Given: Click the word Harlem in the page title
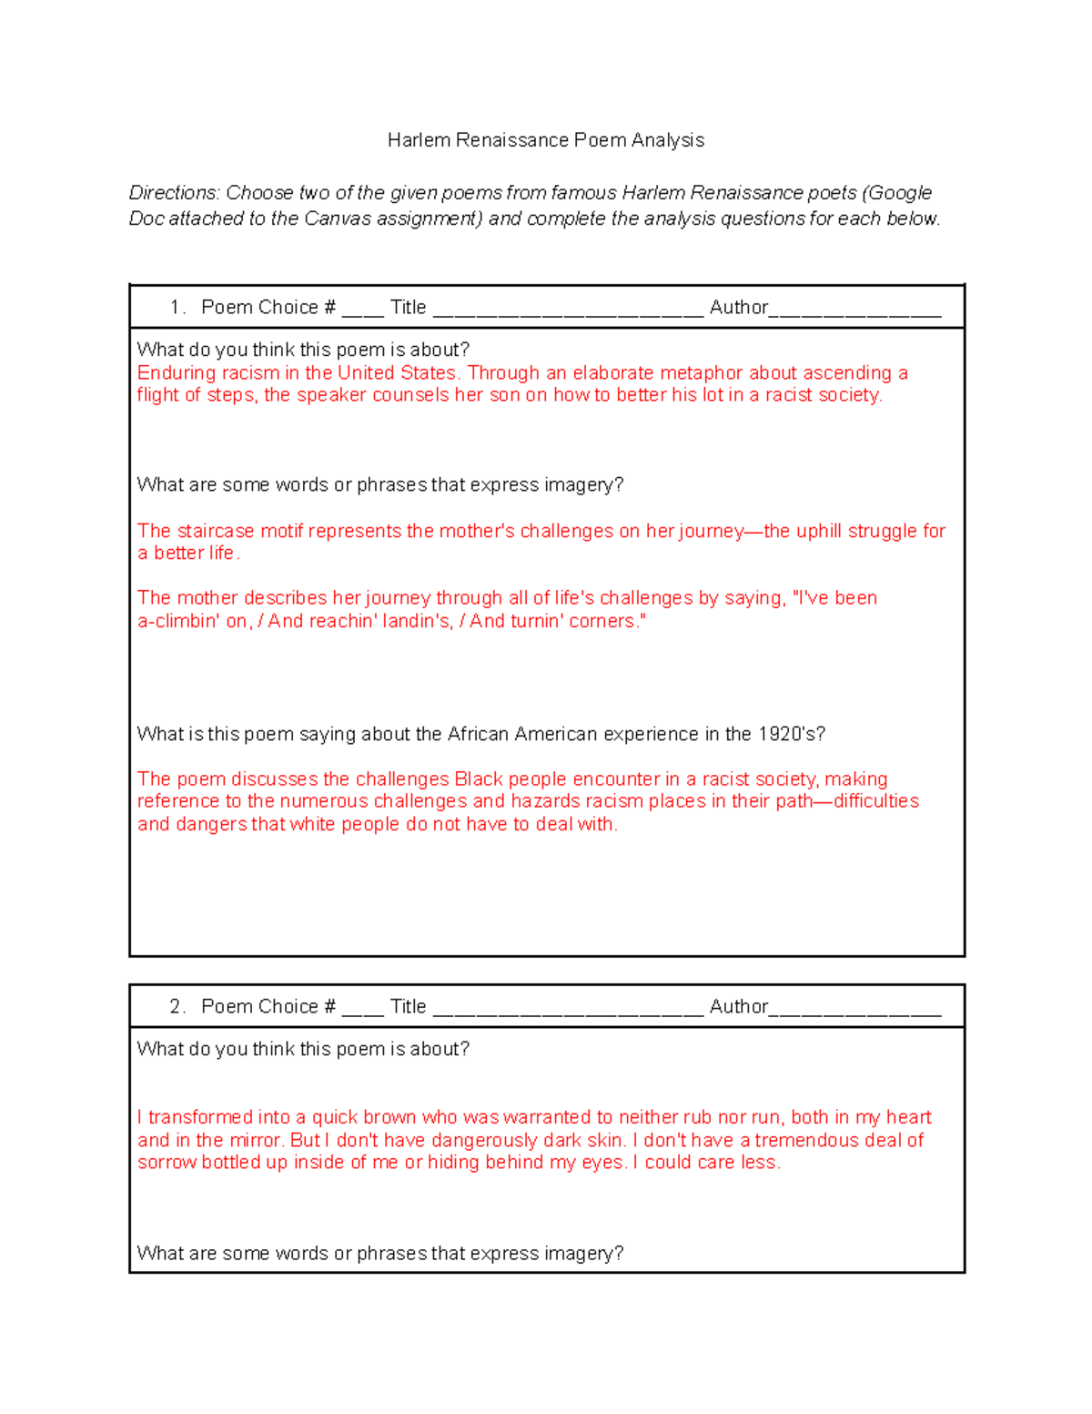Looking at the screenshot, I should (x=419, y=140).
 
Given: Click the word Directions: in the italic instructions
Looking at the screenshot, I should (x=174, y=193).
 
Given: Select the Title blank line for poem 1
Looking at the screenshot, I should (x=567, y=310).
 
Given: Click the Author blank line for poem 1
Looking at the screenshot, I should (x=854, y=310).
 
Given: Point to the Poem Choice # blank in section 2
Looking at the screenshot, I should (x=362, y=1009).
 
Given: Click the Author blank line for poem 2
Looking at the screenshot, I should (x=854, y=1009).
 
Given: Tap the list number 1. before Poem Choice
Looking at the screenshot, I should (x=177, y=308).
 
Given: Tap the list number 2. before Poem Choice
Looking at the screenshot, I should (x=177, y=1007).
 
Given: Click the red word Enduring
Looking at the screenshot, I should (x=174, y=373).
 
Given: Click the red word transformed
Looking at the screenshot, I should (x=200, y=1117).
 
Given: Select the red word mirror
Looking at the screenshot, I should (x=256, y=1140).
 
